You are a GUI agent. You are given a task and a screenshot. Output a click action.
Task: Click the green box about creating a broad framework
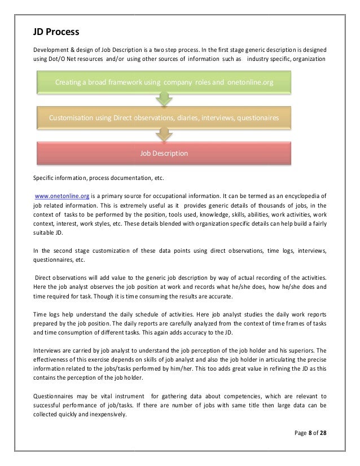(164, 82)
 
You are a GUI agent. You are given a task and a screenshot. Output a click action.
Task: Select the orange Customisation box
(164, 118)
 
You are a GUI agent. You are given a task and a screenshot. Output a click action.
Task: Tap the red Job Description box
(164, 153)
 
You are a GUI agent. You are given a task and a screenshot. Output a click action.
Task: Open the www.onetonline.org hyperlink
(62, 196)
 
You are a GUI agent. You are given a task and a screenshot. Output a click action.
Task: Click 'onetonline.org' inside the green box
(251, 83)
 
